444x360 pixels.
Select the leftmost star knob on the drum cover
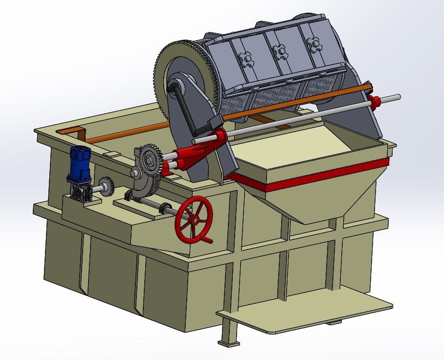[247, 60]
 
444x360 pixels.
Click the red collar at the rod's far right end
[376, 102]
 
